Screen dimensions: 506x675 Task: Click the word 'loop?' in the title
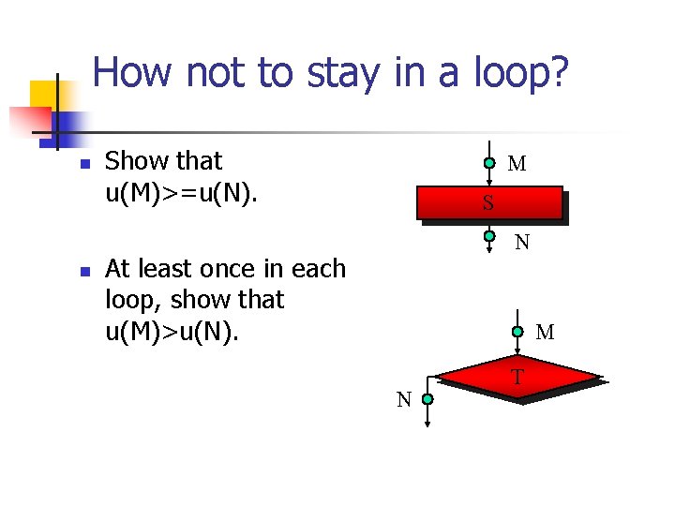pyautogui.click(x=515, y=72)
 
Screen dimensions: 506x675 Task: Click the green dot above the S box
pyautogui.click(x=489, y=163)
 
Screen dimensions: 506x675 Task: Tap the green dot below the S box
pyautogui.click(x=489, y=236)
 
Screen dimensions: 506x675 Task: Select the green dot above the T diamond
pyautogui.click(x=517, y=331)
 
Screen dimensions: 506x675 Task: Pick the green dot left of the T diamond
pyautogui.click(x=427, y=399)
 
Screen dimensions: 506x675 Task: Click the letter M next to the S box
pyautogui.click(x=517, y=165)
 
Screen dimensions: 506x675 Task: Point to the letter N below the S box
pyautogui.click(x=522, y=243)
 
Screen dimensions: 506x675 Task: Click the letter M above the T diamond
pyautogui.click(x=545, y=333)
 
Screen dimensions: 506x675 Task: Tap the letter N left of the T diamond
pyautogui.click(x=404, y=400)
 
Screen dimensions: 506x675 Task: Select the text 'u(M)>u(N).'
pyautogui.click(x=172, y=330)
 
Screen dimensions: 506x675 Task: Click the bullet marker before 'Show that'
pyautogui.click(x=84, y=164)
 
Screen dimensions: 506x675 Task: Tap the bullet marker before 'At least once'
pyautogui.click(x=84, y=272)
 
